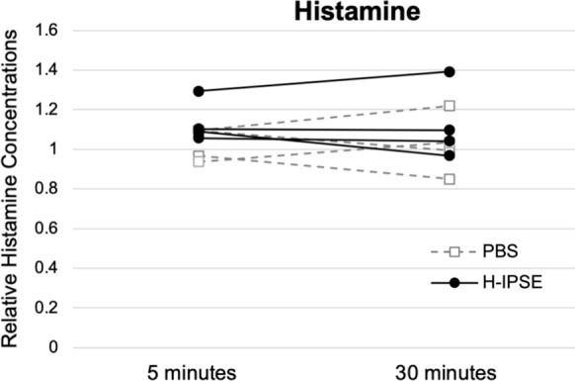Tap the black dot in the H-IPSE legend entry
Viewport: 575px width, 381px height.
pyautogui.click(x=453, y=283)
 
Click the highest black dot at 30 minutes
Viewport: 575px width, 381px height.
pyautogui.click(x=450, y=72)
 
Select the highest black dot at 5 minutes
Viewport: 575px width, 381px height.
pyautogui.click(x=199, y=91)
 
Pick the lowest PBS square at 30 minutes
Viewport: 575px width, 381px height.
pyautogui.click(x=450, y=179)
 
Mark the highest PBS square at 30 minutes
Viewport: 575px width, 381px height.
pyautogui.click(x=450, y=106)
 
